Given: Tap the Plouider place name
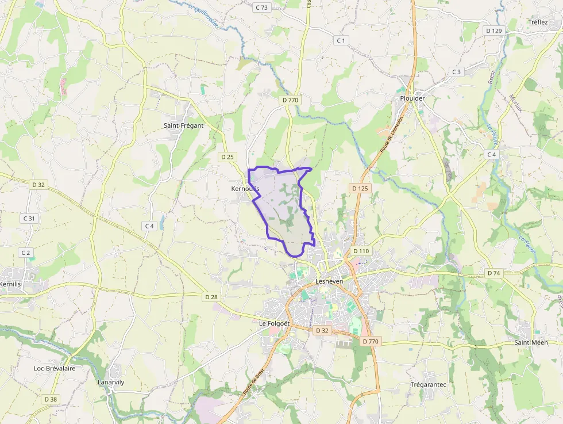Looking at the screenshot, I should coord(412,98).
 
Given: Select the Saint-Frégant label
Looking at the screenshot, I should coord(183,125).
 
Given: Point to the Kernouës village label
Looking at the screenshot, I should coord(245,189).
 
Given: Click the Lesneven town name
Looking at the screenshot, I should coord(329,281).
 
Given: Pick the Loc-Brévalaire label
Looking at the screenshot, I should coord(55,368).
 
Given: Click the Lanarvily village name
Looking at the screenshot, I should coord(111,383).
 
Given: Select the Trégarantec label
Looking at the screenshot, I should coord(429,384).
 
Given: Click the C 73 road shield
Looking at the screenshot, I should coord(261,7).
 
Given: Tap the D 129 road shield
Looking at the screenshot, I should coord(493,30).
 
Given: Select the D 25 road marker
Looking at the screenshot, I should coord(227,156).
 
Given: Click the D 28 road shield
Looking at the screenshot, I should coord(211,297).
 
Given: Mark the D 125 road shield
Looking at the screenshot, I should coord(359,188).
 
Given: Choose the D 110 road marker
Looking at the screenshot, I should coord(361,251).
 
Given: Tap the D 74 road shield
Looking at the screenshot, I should coord(493,273).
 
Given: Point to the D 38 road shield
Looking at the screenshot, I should coord(51,399).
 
